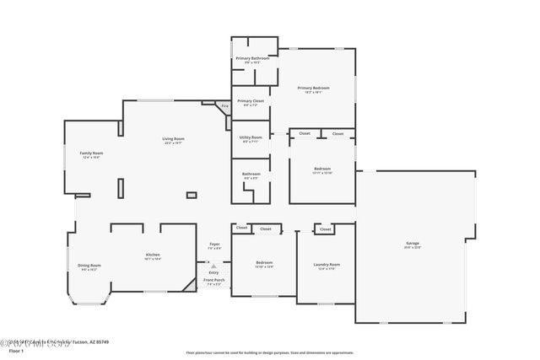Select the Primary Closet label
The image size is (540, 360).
pos(251,100)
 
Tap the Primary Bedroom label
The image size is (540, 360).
pos(313,88)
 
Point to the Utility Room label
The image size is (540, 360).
pos(251,137)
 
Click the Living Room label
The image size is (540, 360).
pos(174,138)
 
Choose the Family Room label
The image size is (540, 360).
pos(91,153)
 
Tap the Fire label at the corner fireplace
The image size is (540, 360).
pos(224,106)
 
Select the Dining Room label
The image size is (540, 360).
pos(89,266)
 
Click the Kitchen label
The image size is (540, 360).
pos(153,255)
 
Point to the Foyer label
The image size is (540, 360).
pos(214,244)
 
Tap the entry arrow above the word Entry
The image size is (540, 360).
pos(213,266)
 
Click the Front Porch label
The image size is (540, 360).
pos(213,280)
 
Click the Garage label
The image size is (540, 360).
pos(413,244)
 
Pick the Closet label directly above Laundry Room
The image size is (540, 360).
pos(325,228)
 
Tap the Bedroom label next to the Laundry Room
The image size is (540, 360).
pos(264,262)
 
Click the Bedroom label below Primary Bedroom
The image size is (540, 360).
pos(322,169)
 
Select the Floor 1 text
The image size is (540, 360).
pos(16,350)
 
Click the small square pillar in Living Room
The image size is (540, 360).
pos(191,195)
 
